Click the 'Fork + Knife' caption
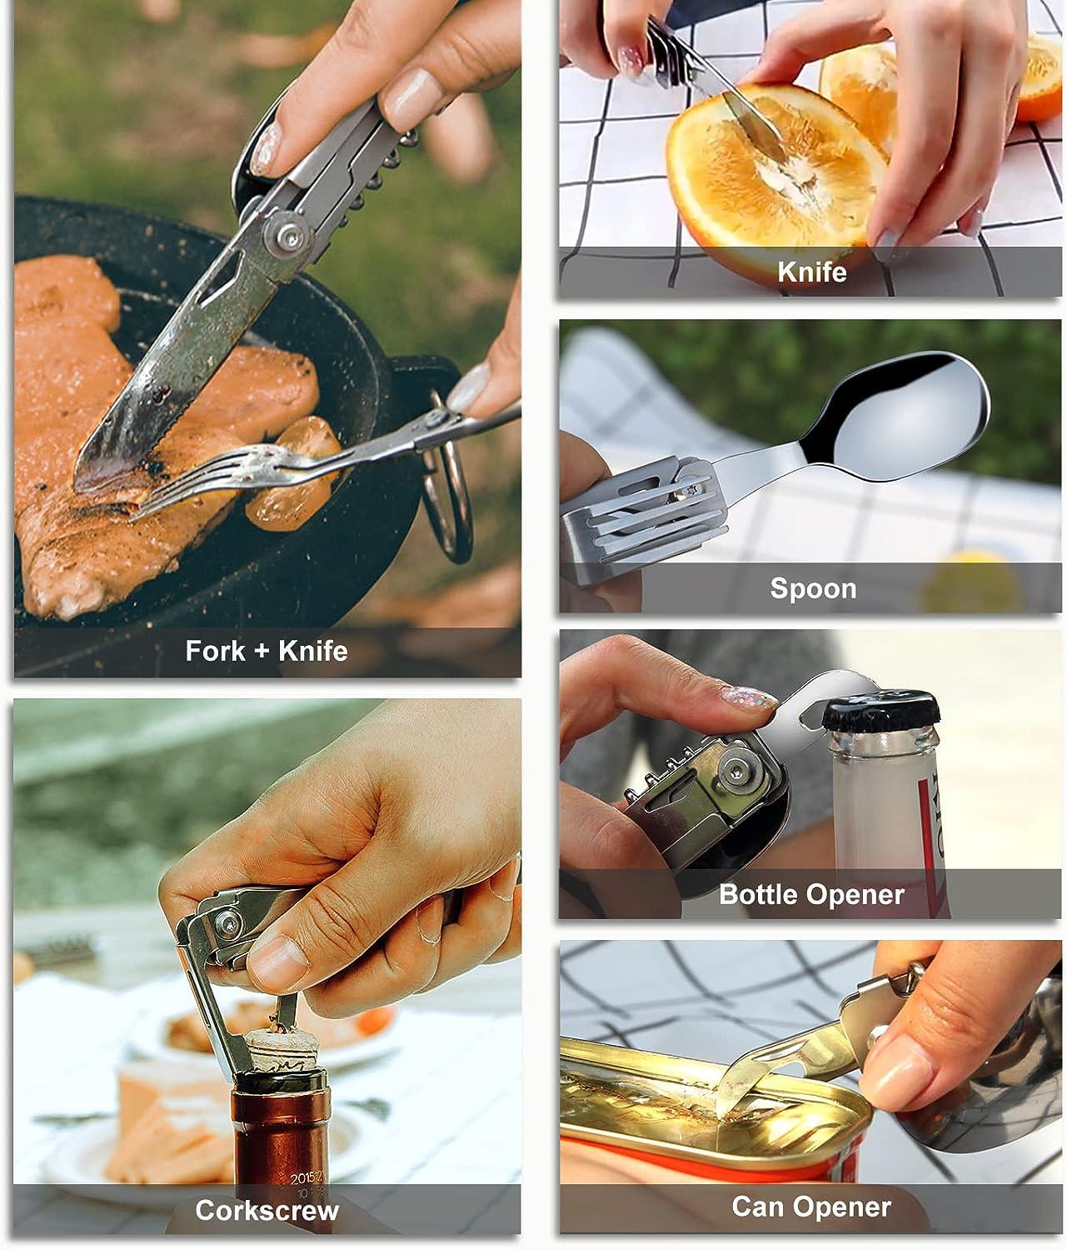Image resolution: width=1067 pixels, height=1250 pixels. pos(267,650)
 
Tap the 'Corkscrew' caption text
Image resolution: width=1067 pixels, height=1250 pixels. pos(267,1209)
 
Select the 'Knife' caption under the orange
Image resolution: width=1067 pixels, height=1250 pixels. pos(812,272)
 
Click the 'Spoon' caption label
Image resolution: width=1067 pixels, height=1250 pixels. pos(813,588)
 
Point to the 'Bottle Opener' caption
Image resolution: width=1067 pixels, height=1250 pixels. pos(811,894)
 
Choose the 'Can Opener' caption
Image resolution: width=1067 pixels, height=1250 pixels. pos(811,1206)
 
